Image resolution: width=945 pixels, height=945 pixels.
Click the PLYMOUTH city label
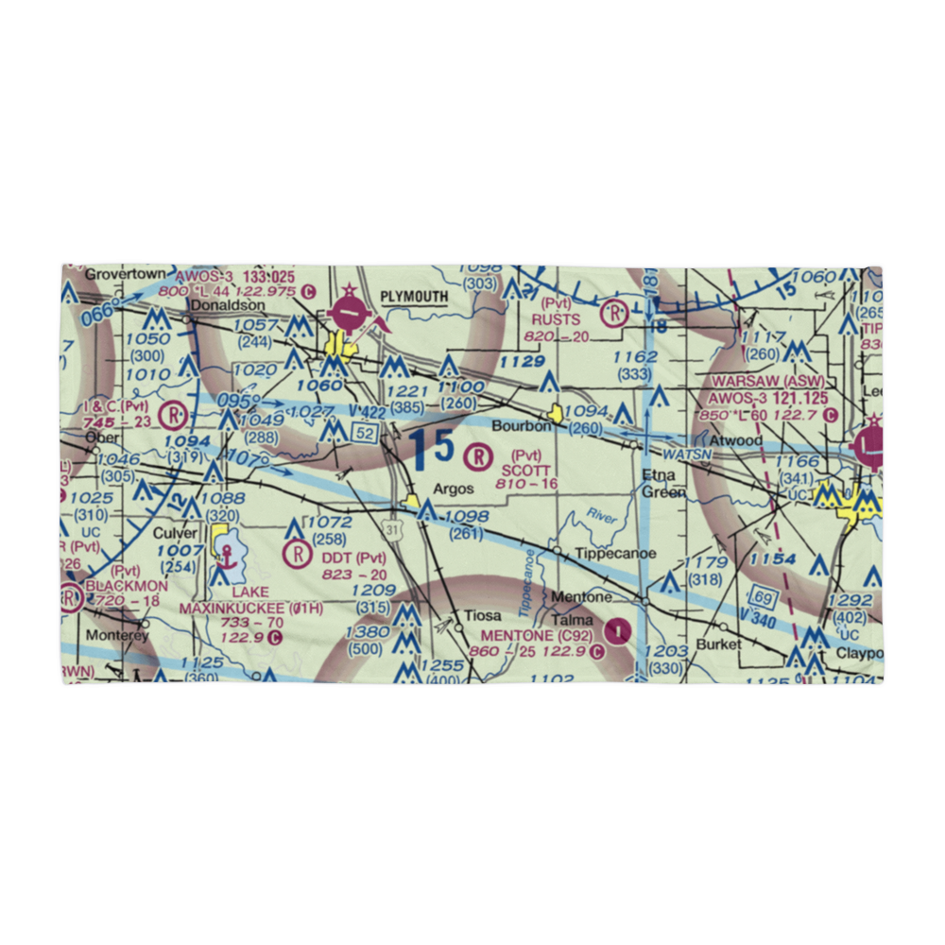point(413,296)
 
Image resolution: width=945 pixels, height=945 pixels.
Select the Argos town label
point(454,490)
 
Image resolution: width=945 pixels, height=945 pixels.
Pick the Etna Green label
point(658,482)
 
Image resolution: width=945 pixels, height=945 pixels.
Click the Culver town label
point(175,533)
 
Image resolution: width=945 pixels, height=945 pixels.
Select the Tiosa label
point(481,616)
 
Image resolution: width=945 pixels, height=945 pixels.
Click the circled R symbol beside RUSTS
point(615,311)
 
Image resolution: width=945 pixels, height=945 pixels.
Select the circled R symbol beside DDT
point(299,552)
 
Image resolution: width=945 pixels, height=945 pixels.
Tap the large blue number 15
point(431,447)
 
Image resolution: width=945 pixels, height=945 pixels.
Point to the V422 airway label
point(364,412)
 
